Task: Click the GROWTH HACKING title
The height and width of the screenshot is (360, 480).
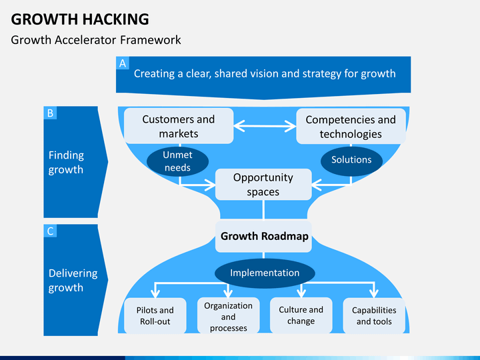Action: (80, 19)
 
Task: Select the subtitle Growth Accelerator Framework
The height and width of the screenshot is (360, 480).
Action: (96, 40)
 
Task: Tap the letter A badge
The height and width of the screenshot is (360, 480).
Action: (123, 63)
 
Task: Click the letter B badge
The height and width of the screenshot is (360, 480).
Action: (50, 113)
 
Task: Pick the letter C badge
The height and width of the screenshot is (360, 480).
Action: (50, 231)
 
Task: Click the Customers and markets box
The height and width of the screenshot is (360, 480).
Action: (179, 126)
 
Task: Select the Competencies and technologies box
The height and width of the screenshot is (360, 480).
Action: (351, 127)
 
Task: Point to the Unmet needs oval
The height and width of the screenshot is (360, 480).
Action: (177, 161)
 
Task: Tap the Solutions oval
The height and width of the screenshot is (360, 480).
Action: (351, 160)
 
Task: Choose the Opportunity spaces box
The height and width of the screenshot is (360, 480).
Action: (263, 185)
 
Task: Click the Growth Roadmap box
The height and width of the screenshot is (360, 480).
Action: (264, 236)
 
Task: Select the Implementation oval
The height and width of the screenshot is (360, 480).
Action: (265, 273)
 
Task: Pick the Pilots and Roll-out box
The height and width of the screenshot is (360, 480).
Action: (155, 315)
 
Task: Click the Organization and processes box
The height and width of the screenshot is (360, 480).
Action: (228, 316)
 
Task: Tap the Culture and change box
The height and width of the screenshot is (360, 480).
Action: (301, 315)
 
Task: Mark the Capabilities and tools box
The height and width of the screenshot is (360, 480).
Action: (374, 315)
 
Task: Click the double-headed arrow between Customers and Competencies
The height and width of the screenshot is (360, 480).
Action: (265, 125)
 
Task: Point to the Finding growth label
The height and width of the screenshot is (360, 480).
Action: (66, 162)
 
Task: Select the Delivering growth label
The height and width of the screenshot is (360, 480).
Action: (73, 280)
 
